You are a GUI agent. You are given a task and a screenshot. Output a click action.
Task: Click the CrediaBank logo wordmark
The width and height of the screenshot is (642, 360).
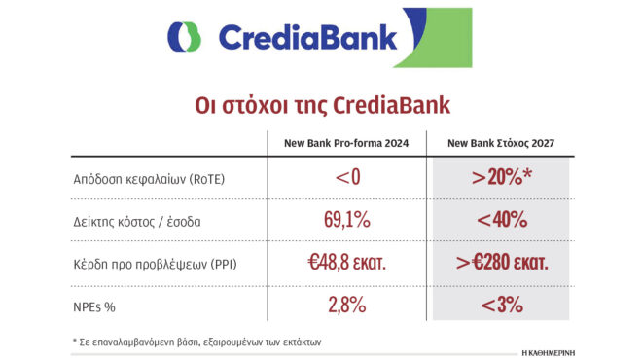307,37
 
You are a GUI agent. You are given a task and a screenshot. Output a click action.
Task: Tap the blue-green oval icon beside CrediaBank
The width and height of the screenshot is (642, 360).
184,38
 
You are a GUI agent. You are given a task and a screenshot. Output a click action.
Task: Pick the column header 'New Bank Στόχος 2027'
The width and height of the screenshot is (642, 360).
500,144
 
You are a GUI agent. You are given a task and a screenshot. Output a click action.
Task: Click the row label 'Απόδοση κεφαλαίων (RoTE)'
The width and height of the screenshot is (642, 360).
143,179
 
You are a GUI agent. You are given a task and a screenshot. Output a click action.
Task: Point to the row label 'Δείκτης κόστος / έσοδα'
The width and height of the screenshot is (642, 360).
136,221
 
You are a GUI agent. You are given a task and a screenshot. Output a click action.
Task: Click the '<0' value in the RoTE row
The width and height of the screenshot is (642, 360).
346,178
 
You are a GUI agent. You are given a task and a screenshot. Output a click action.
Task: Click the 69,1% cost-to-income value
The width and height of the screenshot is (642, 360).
346,220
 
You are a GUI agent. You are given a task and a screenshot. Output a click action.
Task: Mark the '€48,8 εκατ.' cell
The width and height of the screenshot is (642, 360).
346,263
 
